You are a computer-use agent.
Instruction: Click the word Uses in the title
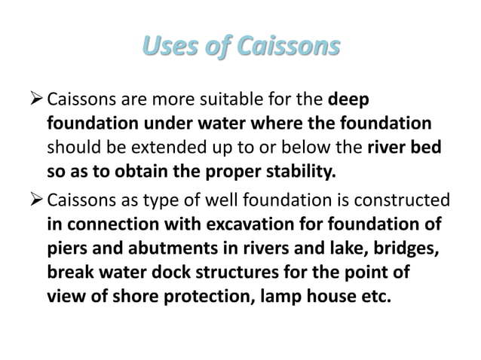[x=168, y=47]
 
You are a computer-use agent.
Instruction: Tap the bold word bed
[x=427, y=148]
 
